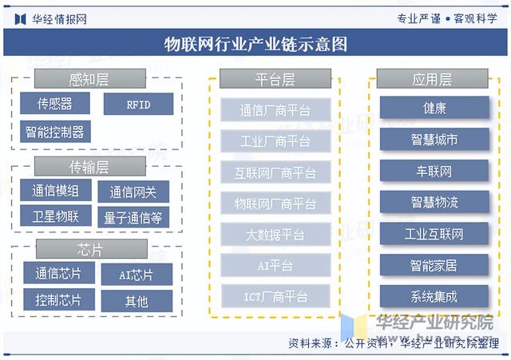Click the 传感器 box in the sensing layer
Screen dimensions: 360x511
click(55, 104)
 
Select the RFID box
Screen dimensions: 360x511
click(137, 104)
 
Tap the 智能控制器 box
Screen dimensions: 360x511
click(55, 132)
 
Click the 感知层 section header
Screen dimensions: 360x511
click(89, 78)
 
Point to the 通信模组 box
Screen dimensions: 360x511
click(55, 192)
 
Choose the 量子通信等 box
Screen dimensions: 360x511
click(133, 216)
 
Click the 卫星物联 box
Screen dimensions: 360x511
click(55, 216)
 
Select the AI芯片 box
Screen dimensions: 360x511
click(136, 275)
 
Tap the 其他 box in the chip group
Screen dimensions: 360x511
click(136, 301)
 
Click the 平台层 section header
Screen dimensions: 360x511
click(275, 79)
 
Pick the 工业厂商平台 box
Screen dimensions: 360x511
click(275, 142)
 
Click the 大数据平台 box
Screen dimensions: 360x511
click(275, 235)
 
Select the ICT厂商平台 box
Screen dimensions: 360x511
click(275, 297)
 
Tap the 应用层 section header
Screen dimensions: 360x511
click(432, 79)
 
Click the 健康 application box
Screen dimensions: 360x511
click(434, 108)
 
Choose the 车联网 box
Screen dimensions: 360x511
click(434, 172)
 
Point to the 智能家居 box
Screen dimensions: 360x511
click(434, 265)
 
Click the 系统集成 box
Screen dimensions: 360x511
click(434, 296)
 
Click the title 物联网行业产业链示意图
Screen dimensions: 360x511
click(255, 43)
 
